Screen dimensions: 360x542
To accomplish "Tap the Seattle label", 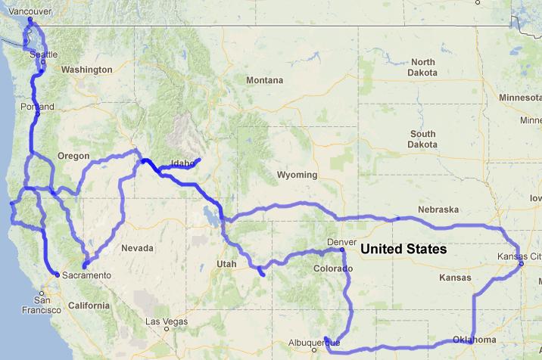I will (x=43, y=55).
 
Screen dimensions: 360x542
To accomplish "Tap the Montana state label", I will (x=264, y=80).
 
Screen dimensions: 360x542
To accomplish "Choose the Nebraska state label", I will (x=439, y=209).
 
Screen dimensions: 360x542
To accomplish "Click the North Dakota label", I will (x=424, y=67).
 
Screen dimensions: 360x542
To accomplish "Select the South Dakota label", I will (x=422, y=138).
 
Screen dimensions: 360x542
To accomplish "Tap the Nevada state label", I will (x=138, y=248).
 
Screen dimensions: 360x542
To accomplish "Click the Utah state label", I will (x=226, y=263).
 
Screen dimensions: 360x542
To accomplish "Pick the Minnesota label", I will (x=520, y=98).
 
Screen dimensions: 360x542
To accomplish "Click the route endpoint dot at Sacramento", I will (x=58, y=275).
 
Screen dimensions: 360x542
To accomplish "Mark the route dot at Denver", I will (x=342, y=250).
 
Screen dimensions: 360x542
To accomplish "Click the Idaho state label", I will (x=183, y=163).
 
